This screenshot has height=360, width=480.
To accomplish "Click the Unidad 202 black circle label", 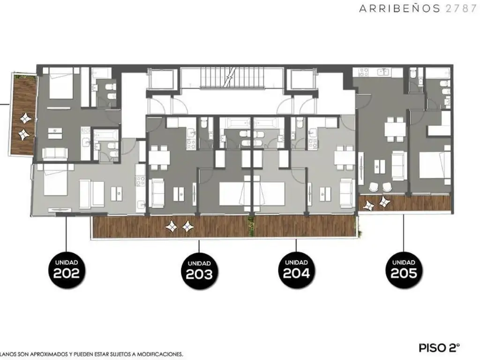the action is [x=67, y=270].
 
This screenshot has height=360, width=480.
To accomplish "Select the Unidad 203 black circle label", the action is [x=199, y=271].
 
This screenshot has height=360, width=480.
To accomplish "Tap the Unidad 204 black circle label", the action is [x=296, y=270].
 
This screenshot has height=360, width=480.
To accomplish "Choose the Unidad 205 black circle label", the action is [x=404, y=270].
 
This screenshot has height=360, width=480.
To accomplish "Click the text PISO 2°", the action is [x=439, y=348].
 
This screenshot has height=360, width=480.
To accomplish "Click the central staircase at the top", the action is [x=231, y=78].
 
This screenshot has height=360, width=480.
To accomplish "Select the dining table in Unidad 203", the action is [x=159, y=157].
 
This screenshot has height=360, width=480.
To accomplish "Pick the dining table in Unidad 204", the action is [x=345, y=157].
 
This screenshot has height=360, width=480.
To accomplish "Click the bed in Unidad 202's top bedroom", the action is [x=61, y=83].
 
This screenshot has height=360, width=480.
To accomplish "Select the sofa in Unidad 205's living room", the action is [x=399, y=165].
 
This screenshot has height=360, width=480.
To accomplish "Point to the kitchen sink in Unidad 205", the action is [x=383, y=72].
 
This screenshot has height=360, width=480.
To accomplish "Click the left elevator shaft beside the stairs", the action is [x=162, y=79].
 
